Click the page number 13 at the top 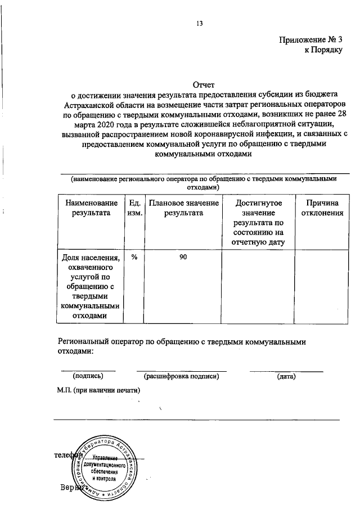click(199, 24)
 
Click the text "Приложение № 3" click(310, 40)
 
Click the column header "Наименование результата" click(91, 208)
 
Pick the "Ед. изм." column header click(134, 208)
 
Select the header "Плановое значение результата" click(183, 208)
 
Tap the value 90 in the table click(183, 257)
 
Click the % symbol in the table click(134, 257)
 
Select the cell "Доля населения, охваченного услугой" click(91, 287)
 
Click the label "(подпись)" click(87, 376)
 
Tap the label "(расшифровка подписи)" click(181, 376)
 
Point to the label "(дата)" click(286, 376)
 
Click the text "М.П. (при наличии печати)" click(98, 389)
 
